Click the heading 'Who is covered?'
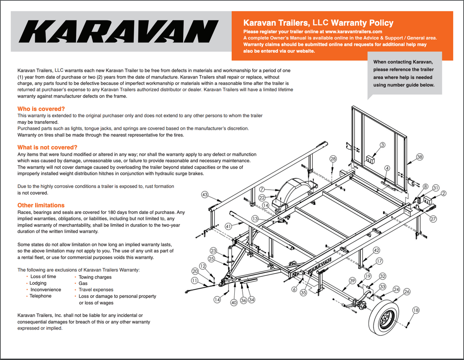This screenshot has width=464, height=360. (41, 109)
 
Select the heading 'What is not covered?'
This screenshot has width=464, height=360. (47, 147)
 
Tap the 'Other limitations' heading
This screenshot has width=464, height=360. (41, 205)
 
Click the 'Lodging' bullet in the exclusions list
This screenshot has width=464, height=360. (38, 283)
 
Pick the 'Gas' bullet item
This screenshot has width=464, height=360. (83, 283)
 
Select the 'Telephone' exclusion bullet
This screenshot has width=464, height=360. (41, 296)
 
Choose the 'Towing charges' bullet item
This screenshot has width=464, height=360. (95, 277)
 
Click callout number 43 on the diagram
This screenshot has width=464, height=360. (205, 195)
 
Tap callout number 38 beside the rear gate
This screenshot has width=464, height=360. (420, 157)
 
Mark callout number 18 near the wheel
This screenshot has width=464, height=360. (416, 310)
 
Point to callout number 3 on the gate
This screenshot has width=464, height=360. (383, 145)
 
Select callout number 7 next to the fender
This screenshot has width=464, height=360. (262, 189)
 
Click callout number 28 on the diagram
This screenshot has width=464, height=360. (333, 158)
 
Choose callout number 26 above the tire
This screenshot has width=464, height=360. (407, 292)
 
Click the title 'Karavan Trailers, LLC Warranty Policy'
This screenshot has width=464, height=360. (318, 23)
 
